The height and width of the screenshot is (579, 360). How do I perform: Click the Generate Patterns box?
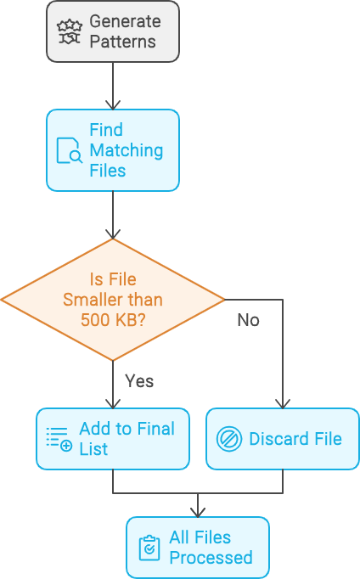[x=113, y=31]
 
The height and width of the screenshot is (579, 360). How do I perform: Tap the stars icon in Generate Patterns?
[x=70, y=31]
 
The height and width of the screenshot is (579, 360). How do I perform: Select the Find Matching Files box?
[x=113, y=150]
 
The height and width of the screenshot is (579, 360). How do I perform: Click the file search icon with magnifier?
[x=70, y=150]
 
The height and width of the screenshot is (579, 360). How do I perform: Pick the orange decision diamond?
[x=113, y=300]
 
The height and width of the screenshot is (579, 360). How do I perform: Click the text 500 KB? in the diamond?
[x=114, y=320]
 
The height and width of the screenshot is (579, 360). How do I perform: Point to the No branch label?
[x=248, y=320]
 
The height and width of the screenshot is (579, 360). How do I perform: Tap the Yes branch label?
[x=139, y=380]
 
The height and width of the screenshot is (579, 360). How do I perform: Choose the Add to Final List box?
[x=113, y=439]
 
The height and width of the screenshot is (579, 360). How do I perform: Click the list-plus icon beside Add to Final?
[x=59, y=439]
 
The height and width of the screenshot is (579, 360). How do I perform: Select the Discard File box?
[x=283, y=439]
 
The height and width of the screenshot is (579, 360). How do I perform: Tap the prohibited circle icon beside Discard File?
[x=229, y=439]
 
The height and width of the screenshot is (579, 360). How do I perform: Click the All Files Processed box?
[x=198, y=548]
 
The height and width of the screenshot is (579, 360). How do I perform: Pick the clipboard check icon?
[x=149, y=548]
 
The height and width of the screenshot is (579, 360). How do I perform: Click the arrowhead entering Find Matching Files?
[x=113, y=105]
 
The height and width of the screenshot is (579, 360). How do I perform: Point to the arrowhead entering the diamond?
[x=113, y=234]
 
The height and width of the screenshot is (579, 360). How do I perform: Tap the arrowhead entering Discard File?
[x=283, y=403]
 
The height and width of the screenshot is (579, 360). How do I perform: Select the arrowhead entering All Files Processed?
[x=198, y=512]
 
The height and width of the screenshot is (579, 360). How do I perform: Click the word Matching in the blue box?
[x=127, y=151]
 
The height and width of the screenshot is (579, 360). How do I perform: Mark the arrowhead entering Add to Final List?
[x=113, y=403]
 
